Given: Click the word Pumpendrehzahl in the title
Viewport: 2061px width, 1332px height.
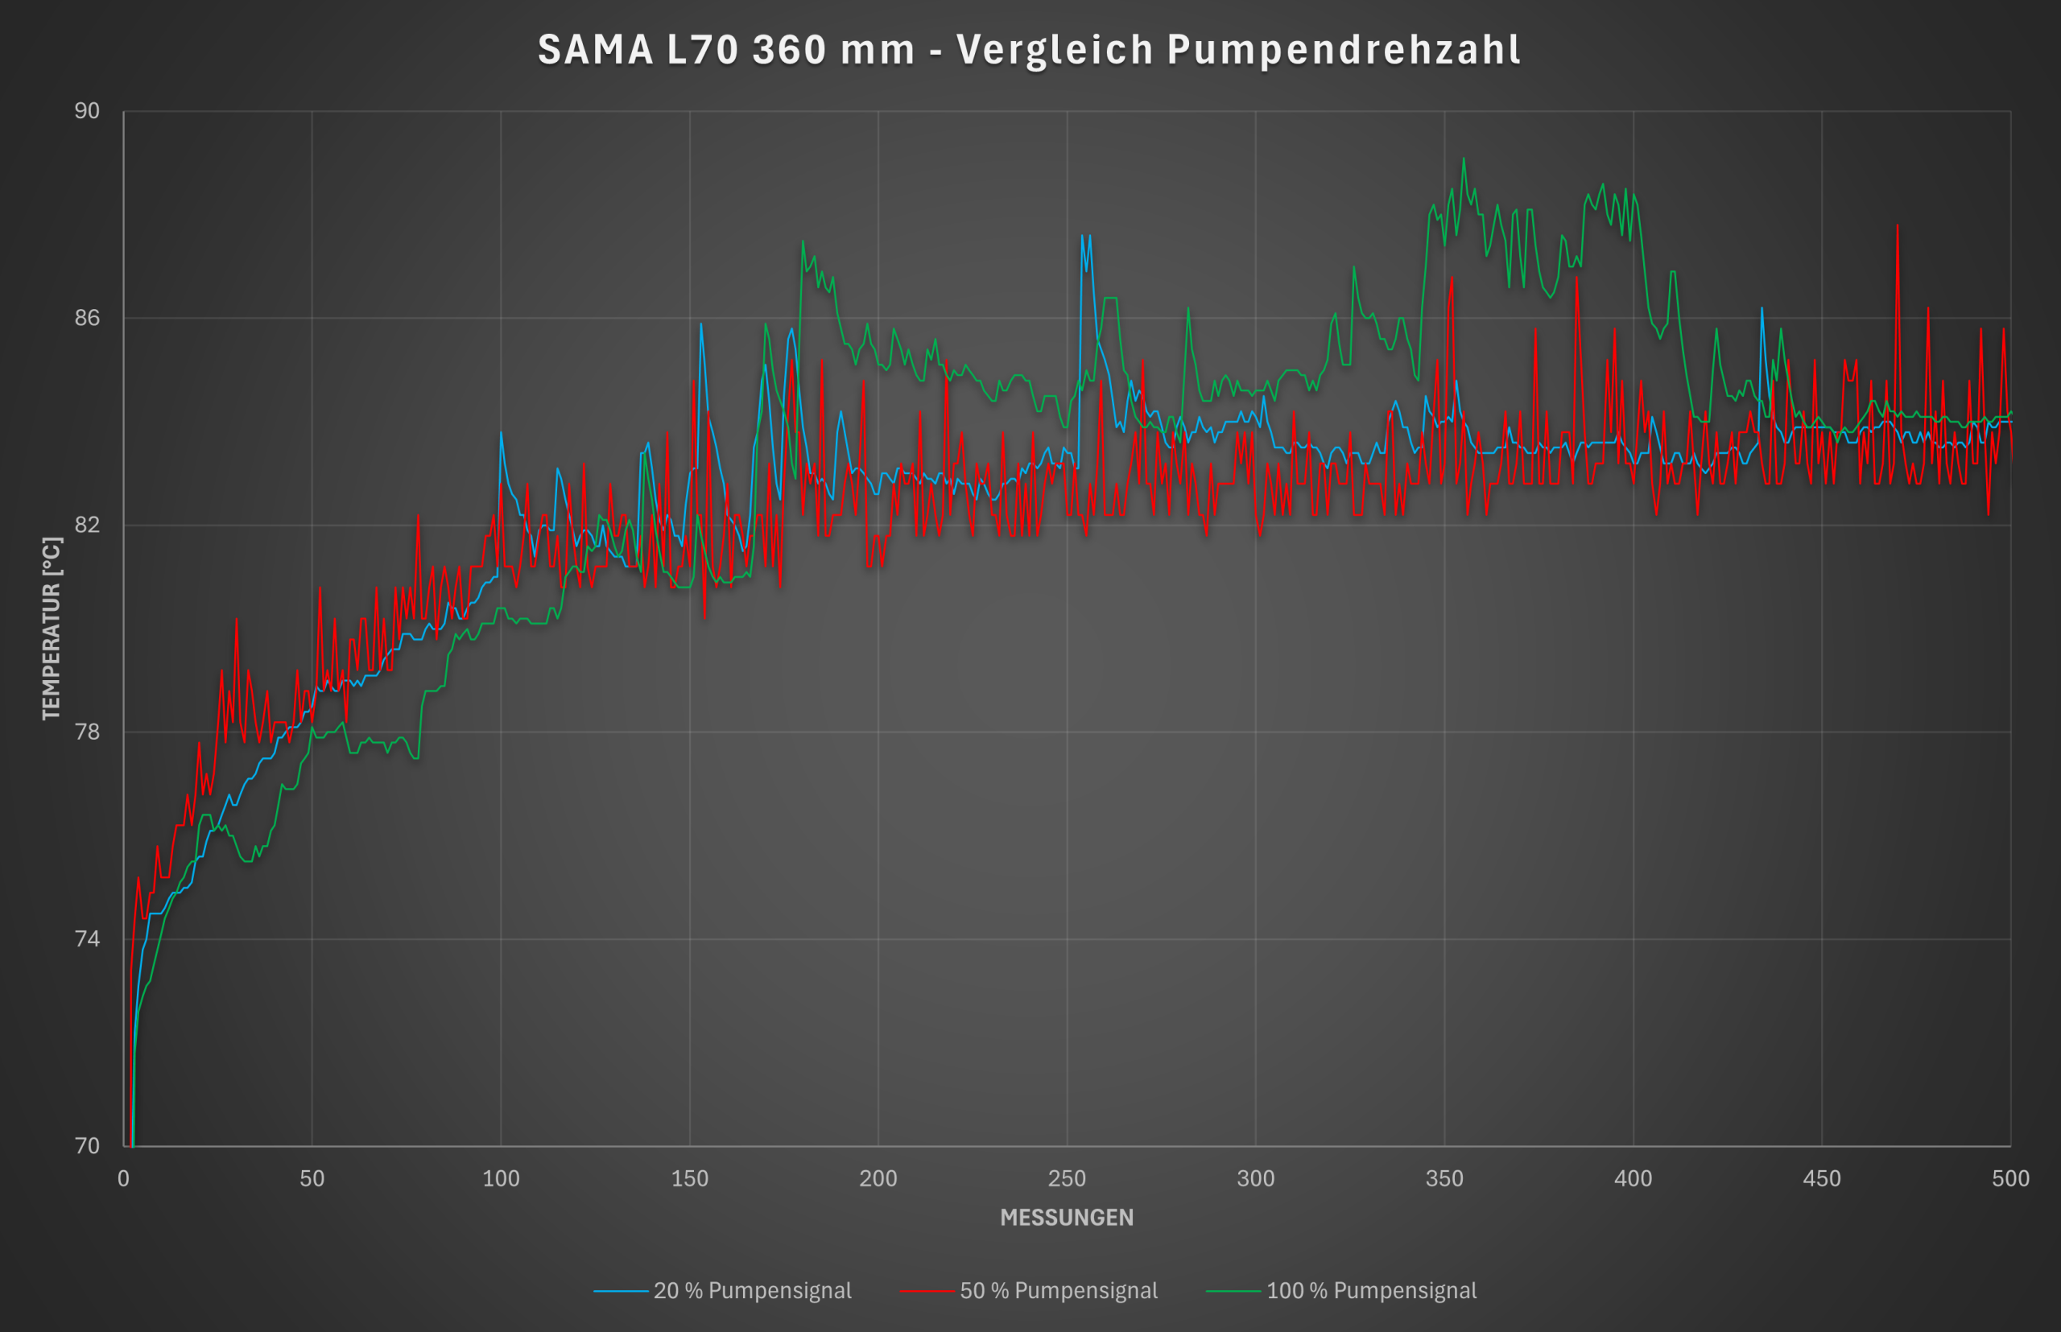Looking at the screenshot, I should point(1344,50).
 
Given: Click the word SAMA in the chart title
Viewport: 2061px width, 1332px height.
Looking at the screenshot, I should point(595,50).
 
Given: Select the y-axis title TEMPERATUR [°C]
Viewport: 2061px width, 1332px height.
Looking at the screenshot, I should point(52,628).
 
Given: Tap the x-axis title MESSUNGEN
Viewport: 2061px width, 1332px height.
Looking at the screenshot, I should point(1066,1217).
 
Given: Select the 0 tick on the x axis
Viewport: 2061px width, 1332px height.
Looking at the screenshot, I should point(124,1178).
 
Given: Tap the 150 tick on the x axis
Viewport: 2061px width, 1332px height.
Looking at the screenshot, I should point(690,1178).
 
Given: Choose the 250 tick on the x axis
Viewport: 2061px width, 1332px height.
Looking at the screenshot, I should point(1067,1178).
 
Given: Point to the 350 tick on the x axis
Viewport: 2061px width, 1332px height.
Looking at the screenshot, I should point(1444,1178).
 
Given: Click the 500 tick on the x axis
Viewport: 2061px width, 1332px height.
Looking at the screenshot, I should point(2010,1178).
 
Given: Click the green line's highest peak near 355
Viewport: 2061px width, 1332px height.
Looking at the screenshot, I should point(1464,159).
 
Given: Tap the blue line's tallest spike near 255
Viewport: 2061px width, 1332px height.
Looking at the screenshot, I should point(1082,235).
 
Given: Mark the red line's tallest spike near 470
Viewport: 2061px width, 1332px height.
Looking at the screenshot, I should point(1898,225).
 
